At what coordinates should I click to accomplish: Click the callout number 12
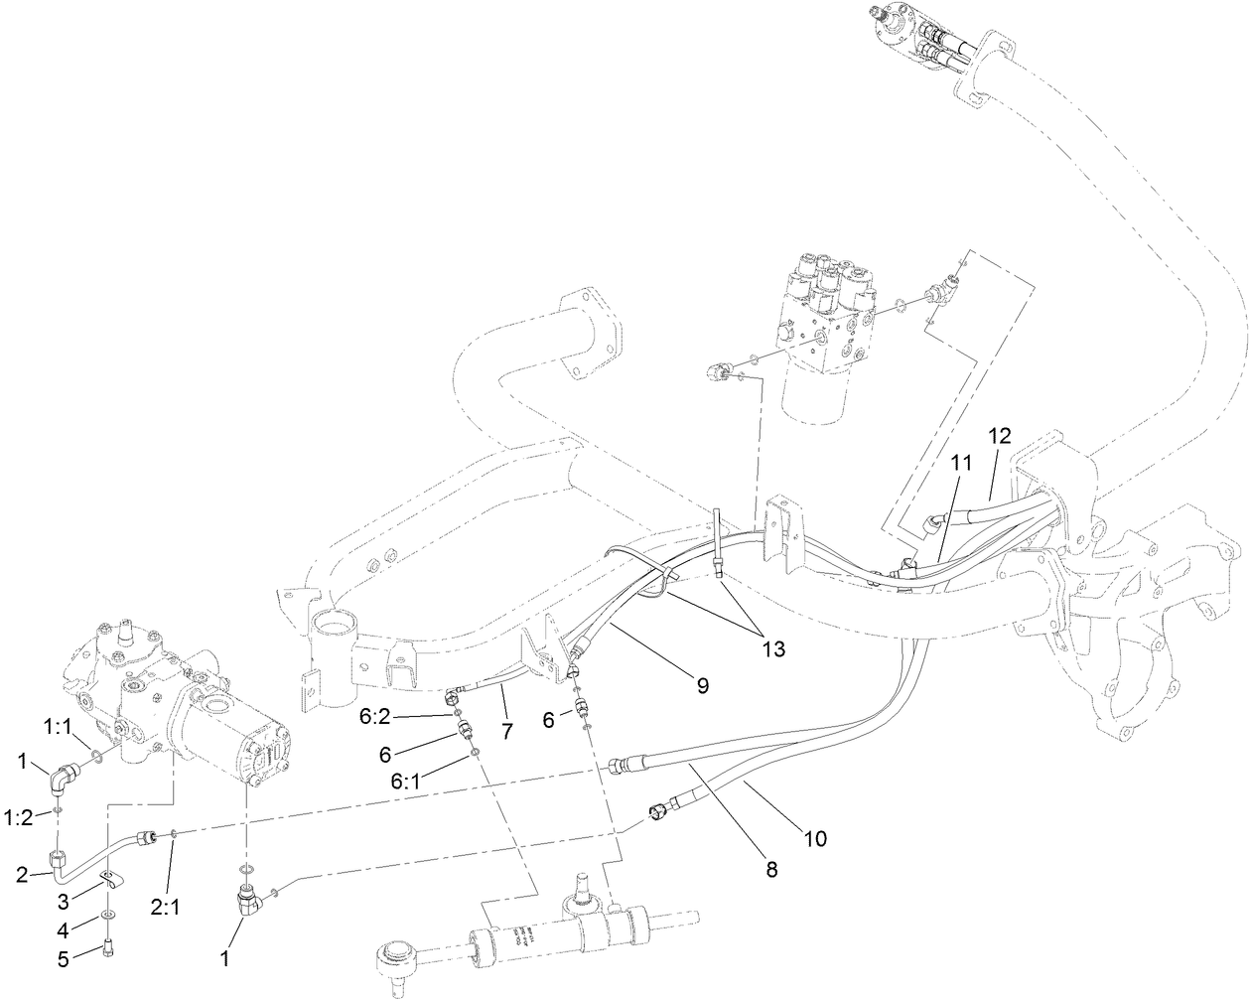tap(999, 435)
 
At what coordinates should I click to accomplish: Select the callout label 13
tap(772, 648)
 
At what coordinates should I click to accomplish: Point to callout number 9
tap(703, 685)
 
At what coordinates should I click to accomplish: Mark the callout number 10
tap(814, 838)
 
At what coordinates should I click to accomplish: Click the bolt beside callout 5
tap(107, 950)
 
